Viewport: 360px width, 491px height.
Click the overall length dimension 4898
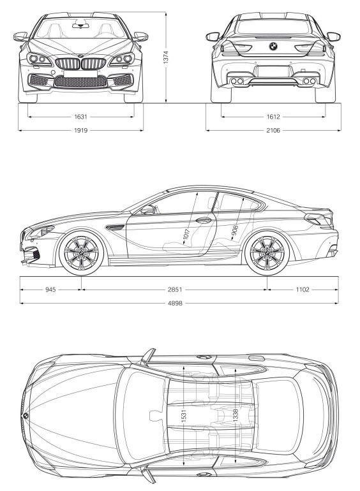[175, 303]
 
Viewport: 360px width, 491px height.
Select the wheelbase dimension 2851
[175, 289]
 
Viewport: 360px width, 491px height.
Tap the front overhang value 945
[50, 289]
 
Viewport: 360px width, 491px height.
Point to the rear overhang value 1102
[303, 289]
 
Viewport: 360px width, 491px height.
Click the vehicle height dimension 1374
[166, 57]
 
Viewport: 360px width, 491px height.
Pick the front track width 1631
[80, 117]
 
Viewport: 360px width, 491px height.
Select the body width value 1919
[80, 130]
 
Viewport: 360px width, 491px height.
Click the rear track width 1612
[273, 117]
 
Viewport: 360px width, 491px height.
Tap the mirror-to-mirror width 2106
[273, 130]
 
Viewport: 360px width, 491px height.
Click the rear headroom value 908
[235, 231]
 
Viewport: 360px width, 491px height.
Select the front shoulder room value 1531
[184, 415]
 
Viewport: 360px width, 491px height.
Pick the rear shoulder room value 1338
[236, 415]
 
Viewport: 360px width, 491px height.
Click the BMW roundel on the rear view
[273, 46]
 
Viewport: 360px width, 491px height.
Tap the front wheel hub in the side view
[81, 253]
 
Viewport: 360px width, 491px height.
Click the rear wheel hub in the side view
[267, 253]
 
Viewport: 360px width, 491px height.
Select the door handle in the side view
[204, 220]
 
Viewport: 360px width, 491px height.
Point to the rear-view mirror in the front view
[80, 25]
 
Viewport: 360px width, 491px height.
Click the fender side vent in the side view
[115, 227]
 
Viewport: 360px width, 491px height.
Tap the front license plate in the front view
[80, 73]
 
